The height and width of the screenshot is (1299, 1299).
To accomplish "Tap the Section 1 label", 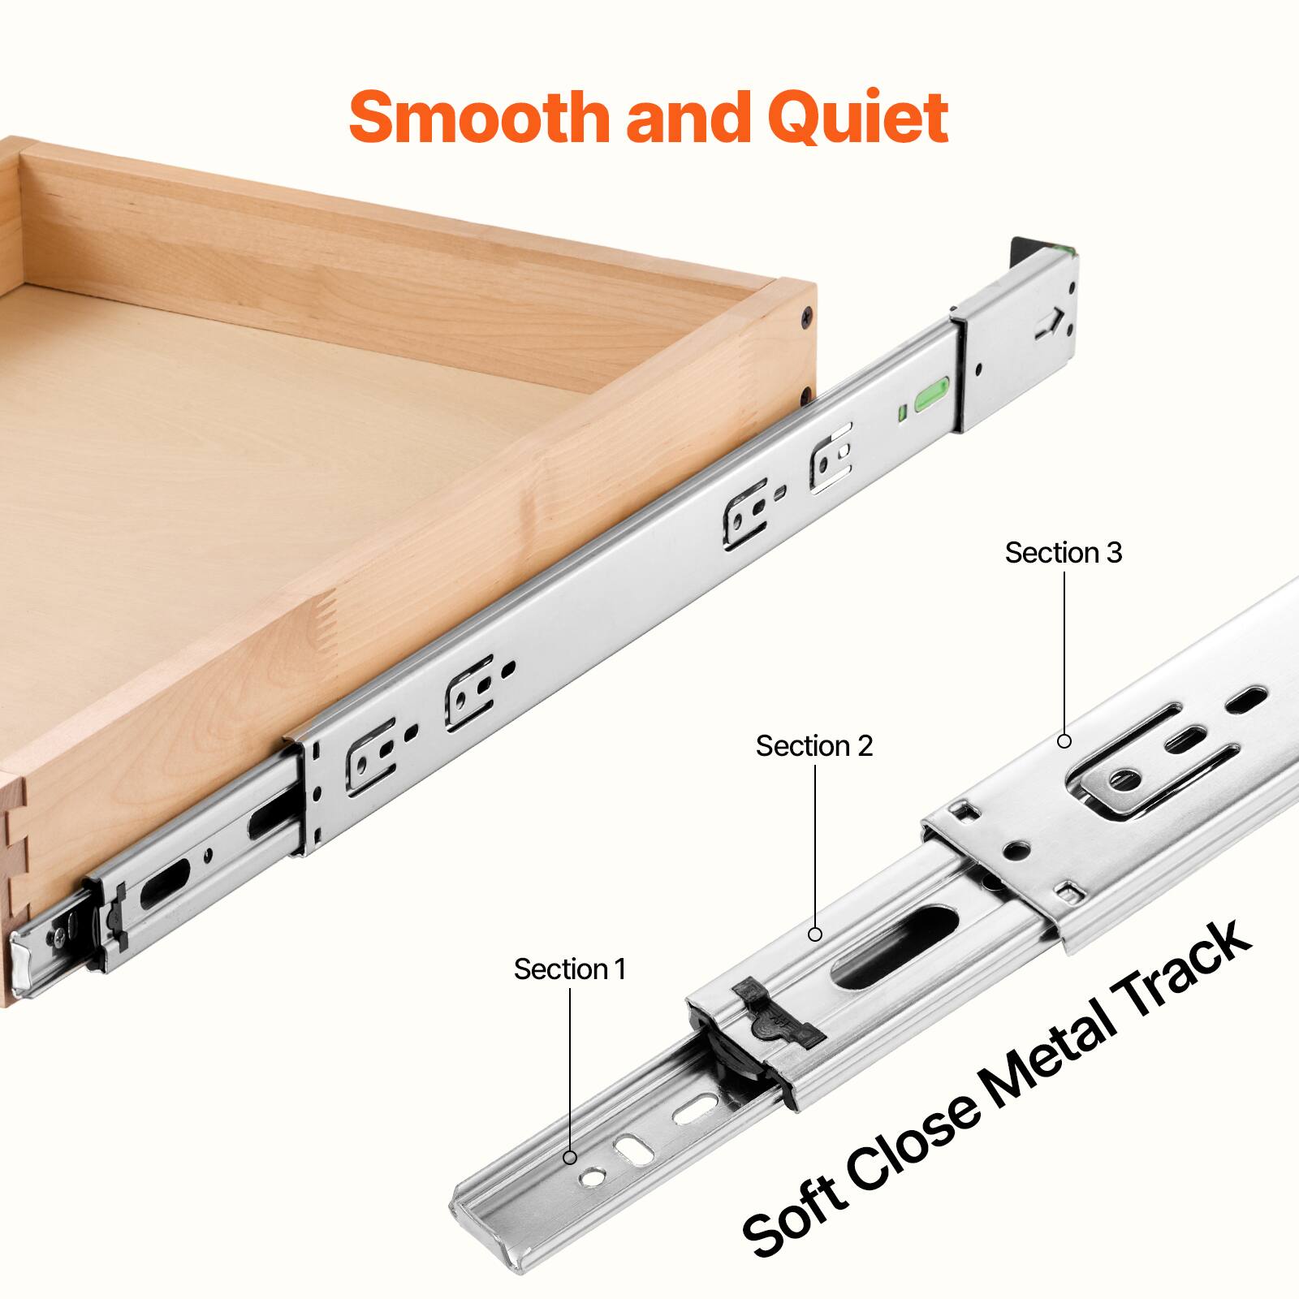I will tap(569, 969).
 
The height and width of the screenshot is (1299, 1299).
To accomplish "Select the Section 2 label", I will tap(813, 745).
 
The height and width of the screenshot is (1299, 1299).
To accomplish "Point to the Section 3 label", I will tap(1063, 553).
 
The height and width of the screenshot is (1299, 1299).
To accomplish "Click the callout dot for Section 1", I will tap(571, 1157).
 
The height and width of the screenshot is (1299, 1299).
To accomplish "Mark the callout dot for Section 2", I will tap(815, 934).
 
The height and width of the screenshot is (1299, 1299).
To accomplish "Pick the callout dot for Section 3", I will tap(1064, 740).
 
